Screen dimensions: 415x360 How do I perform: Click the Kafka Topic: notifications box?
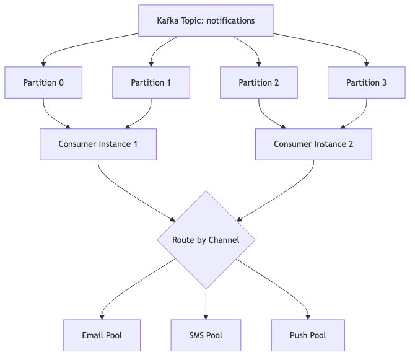206,20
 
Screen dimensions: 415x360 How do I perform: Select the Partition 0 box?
43,82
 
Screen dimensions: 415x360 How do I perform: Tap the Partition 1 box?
151,82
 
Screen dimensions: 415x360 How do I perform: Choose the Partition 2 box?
259,82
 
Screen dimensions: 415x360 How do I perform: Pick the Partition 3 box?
367,82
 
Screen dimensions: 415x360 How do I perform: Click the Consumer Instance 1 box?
98,144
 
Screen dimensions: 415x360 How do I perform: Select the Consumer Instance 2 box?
313,144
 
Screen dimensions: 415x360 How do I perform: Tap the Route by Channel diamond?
206,240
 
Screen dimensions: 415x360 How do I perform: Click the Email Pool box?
102,335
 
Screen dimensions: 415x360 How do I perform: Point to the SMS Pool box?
206,335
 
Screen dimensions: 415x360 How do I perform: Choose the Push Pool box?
308,335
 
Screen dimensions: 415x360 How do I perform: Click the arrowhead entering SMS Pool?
206,317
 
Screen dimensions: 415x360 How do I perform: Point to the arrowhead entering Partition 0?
43,64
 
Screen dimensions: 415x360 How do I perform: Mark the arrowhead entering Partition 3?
367,64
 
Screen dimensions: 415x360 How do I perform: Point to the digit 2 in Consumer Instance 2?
351,144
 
